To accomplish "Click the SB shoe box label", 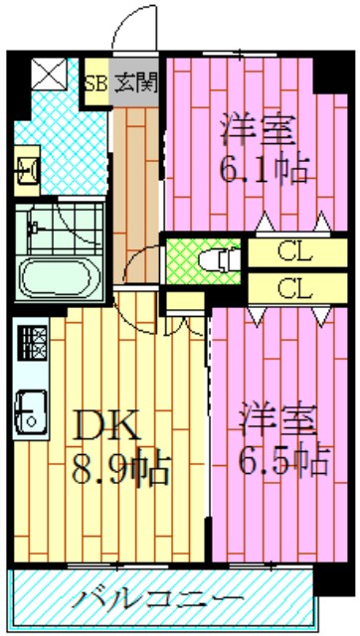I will click(96, 81).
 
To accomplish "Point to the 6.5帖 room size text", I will click(282, 460).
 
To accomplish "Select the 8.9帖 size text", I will click(119, 464).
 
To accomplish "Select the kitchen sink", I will click(31, 409).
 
